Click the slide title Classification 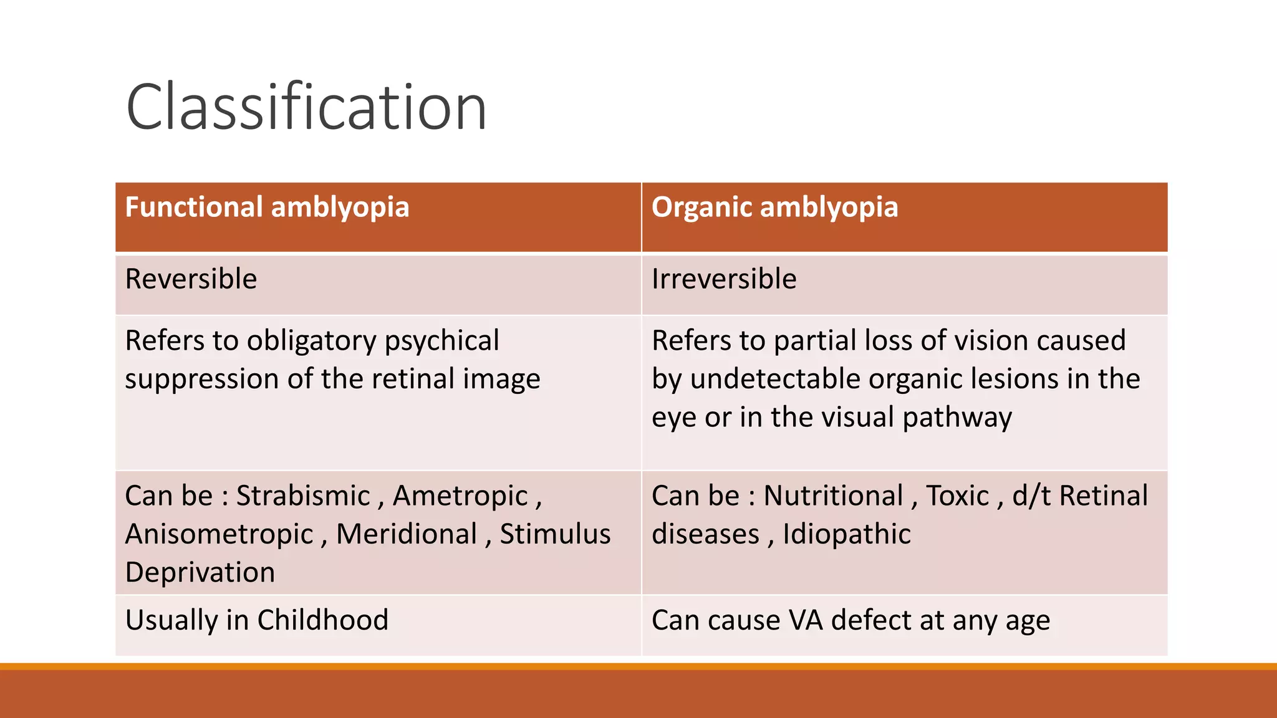tap(306, 107)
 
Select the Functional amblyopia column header tap(267, 208)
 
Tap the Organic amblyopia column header tap(774, 208)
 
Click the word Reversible tap(191, 279)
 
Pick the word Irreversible tap(724, 279)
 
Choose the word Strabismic tap(303, 496)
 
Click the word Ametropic tap(460, 496)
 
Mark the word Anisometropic tap(219, 534)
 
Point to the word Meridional tap(407, 534)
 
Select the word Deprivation tap(200, 572)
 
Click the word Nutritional tap(833, 496)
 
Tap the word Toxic tap(957, 496)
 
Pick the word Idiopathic tap(846, 534)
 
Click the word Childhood tap(322, 620)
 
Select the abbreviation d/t tap(1031, 496)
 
